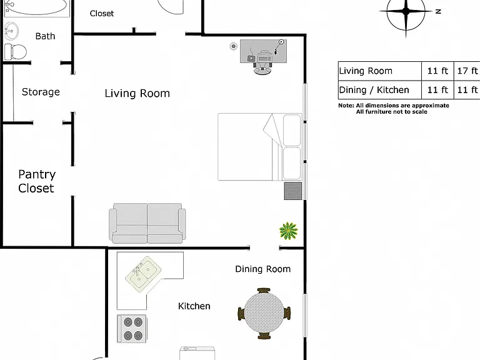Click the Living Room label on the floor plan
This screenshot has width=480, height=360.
point(137,93)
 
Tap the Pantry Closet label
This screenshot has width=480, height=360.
point(37,181)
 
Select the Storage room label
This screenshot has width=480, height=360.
point(41,92)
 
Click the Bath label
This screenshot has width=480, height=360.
point(45,36)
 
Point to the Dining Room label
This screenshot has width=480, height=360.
point(262,269)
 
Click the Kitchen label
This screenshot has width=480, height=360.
point(194,306)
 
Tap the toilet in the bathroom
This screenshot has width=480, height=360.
point(15,52)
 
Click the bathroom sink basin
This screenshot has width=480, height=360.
point(12,31)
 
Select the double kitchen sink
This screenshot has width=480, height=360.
point(143,274)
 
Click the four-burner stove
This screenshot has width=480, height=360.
point(132,329)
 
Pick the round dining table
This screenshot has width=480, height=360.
point(264,314)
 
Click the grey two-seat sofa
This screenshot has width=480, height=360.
point(147,224)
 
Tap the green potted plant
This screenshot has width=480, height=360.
point(288,231)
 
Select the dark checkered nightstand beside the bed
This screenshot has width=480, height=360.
point(293,191)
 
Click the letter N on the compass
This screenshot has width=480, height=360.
point(438,12)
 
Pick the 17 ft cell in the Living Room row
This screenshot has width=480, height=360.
point(467,71)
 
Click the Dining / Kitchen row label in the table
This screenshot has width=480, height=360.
point(374,90)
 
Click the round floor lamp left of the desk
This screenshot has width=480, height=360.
point(234,46)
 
